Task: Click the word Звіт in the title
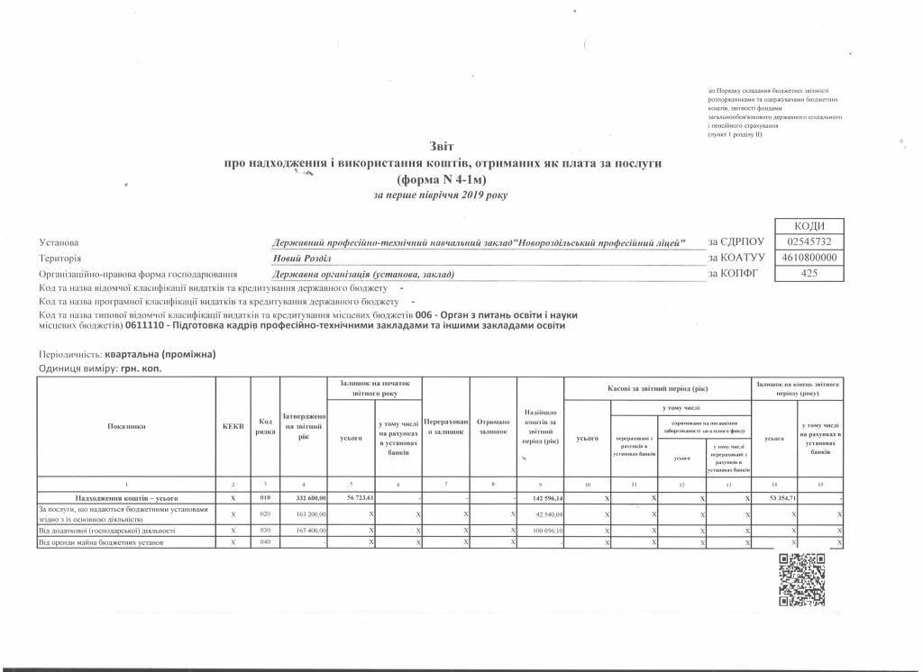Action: pyautogui.click(x=443, y=146)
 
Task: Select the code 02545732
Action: pyautogui.click(x=815, y=242)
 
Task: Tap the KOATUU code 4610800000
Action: pyautogui.click(x=815, y=258)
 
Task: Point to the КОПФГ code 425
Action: pyautogui.click(x=815, y=273)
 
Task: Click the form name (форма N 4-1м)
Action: pyautogui.click(x=443, y=179)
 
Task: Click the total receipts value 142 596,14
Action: pyautogui.click(x=541, y=497)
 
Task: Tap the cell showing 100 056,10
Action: pyautogui.click(x=541, y=531)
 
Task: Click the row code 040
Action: pyautogui.click(x=265, y=542)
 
